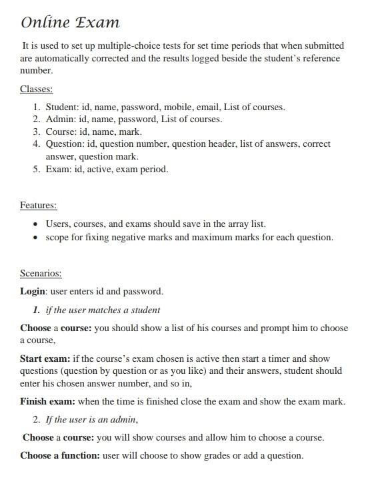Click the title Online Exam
tap(70, 23)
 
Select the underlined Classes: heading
tap(36, 89)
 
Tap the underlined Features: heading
tap(38, 205)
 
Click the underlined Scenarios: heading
tap(41, 274)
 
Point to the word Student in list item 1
tap(61, 107)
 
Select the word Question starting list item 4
tap(65, 144)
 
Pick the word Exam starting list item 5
tap(57, 169)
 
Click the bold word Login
tap(33, 291)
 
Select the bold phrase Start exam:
tap(45, 358)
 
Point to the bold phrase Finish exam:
tap(48, 401)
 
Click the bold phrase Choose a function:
tap(60, 455)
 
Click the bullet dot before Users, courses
tap(35, 224)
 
